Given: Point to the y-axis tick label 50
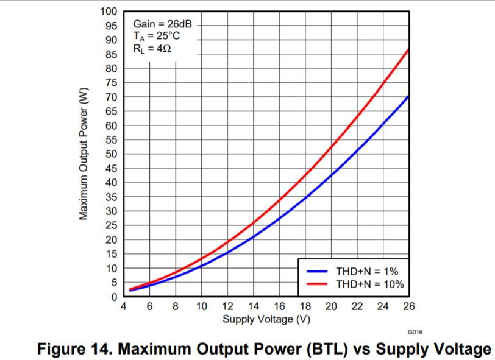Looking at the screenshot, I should [111, 154].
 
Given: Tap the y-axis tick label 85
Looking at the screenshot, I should [111, 54].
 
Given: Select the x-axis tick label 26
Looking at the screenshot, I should [408, 306].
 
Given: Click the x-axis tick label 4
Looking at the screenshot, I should [124, 306].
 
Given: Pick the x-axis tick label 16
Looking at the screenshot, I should [279, 306].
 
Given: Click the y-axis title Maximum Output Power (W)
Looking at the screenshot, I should [84, 154].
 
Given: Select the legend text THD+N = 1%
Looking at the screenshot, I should [367, 270].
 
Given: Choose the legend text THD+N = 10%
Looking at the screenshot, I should [369, 284].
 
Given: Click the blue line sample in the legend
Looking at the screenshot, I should [318, 270].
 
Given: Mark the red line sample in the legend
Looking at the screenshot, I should [318, 284].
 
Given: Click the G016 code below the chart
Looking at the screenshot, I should [415, 331].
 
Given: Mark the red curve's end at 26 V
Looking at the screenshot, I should [407, 49].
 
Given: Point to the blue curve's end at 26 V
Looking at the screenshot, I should [407, 96].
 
